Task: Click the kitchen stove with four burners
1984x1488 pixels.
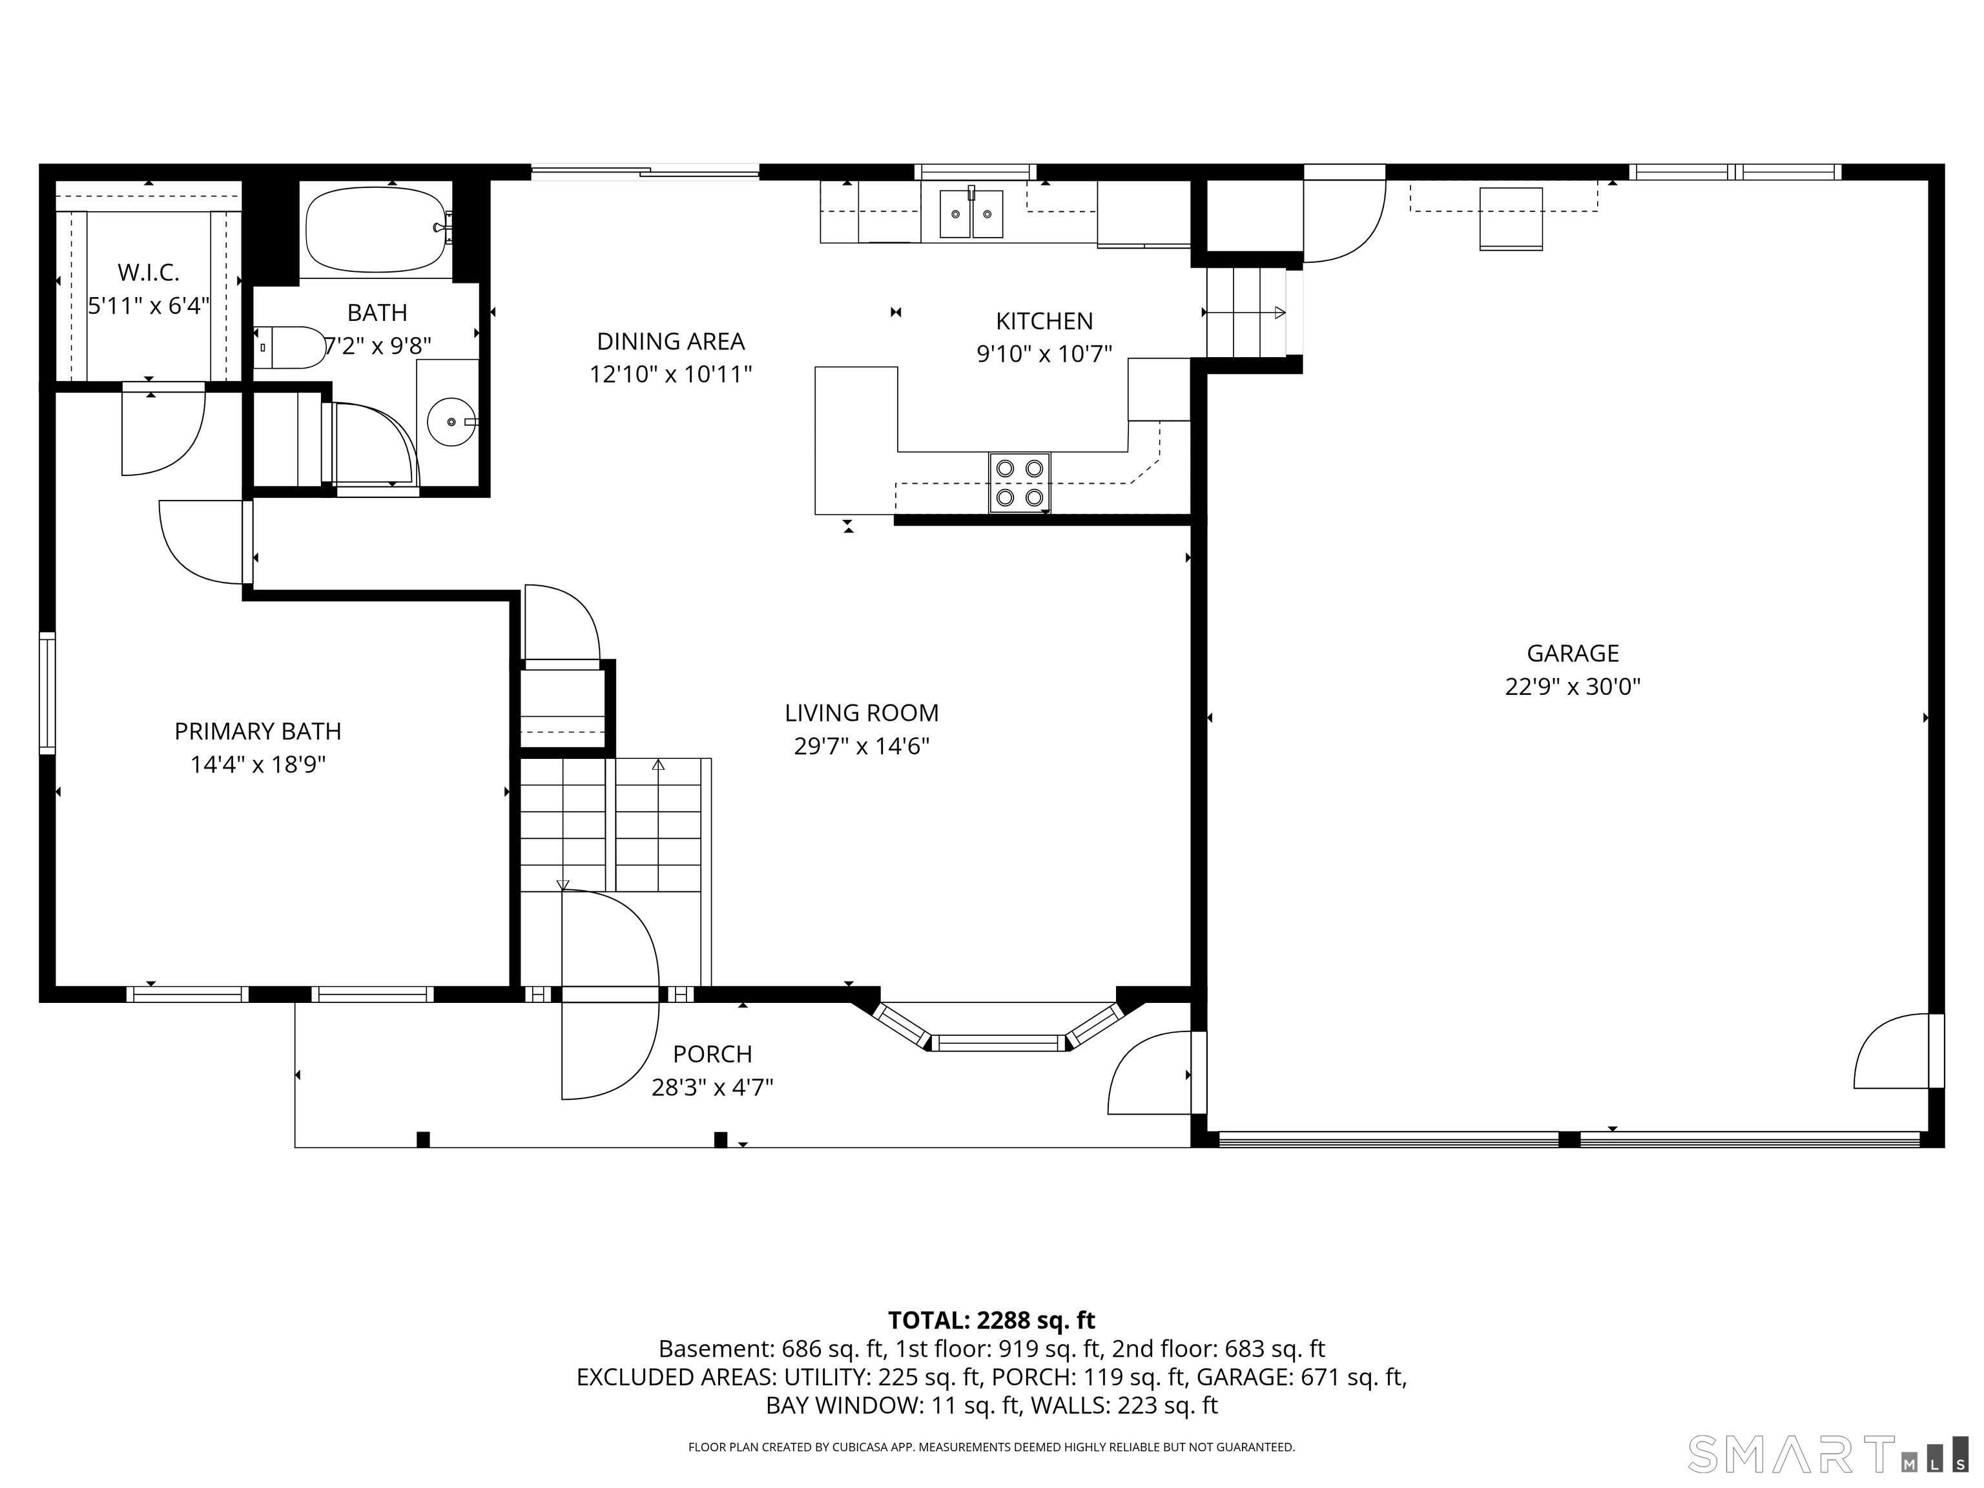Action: (x=1020, y=482)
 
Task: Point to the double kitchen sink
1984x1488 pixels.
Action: (x=971, y=214)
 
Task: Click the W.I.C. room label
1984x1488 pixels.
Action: (x=149, y=272)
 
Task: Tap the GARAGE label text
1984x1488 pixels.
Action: (x=1573, y=653)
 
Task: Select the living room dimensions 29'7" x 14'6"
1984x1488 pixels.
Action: (x=862, y=746)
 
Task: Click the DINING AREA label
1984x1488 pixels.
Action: (x=671, y=341)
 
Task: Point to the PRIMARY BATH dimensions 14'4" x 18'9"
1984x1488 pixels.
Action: (x=258, y=764)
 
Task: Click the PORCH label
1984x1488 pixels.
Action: (x=712, y=1054)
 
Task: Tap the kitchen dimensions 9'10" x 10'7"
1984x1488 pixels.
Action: (x=1044, y=353)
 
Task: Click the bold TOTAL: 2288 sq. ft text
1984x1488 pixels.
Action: (x=991, y=1320)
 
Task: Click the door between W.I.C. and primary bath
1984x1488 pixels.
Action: (x=163, y=431)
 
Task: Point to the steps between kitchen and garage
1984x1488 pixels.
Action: (x=1246, y=312)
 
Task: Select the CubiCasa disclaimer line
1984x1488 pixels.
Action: (x=991, y=1447)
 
